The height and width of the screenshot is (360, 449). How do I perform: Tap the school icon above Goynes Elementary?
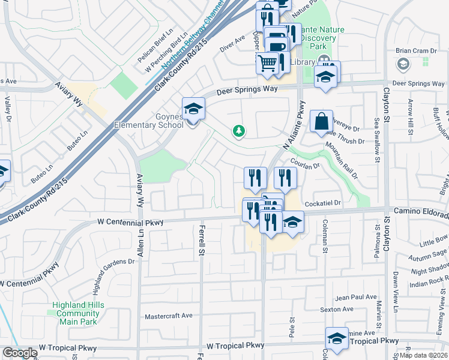pos(193,109)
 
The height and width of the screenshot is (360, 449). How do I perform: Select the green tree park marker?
pos(240,130)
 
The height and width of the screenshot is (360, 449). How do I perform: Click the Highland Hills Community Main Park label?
pos(78,313)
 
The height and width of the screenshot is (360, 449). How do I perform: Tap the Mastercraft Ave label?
pos(168,316)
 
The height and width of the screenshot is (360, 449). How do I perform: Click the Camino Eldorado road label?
pos(420,211)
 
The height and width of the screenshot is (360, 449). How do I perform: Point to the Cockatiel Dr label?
pos(322,203)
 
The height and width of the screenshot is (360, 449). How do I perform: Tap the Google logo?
pos(19,353)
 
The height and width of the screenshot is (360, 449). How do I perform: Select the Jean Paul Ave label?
pos(356,297)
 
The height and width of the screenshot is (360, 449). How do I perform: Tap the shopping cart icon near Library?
pos(268,62)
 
